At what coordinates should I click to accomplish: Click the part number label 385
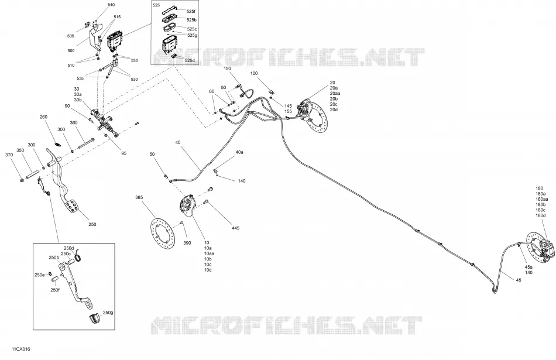139,197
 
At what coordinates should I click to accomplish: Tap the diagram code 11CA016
20,349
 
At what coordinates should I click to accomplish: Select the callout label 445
235,228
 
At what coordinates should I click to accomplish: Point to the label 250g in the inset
108,313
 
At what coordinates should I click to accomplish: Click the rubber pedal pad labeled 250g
95,318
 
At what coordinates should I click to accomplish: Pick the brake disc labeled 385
162,235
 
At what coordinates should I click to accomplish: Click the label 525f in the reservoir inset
191,11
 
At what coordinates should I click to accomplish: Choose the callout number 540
111,5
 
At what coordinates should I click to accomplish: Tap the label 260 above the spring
43,117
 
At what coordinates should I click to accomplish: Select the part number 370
9,155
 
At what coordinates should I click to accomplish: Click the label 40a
240,152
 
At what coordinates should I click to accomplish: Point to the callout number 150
227,68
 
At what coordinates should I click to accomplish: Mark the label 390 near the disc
187,243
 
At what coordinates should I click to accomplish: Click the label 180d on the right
540,215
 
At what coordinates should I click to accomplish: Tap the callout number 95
123,153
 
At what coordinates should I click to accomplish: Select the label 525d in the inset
190,60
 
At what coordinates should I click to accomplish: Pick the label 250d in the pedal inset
68,248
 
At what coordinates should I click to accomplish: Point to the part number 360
73,123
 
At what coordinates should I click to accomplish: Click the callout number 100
254,73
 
